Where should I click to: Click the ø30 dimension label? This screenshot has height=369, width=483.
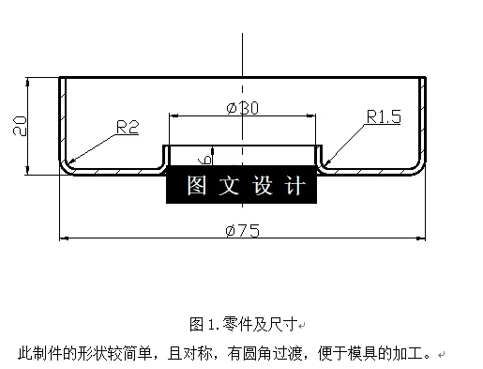point(243,108)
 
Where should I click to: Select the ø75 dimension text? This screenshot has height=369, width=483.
point(242,231)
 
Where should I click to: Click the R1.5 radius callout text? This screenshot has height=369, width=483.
point(384,116)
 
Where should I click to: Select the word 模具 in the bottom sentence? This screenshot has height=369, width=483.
point(361,354)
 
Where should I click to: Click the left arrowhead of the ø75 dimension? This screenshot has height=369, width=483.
point(65,238)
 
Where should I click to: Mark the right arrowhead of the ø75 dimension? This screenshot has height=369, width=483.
point(419,238)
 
